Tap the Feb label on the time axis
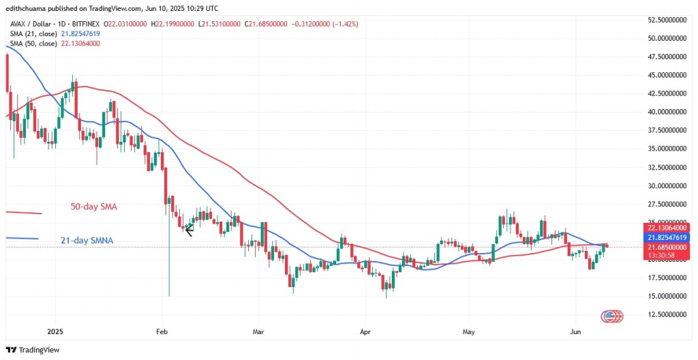pos(162,332)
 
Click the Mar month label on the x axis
pos(259,332)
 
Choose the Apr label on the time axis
pos(365,332)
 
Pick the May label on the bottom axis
pos(468,332)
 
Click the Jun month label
pos(575,332)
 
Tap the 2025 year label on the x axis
pos(55,332)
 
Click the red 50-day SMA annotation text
pos(95,205)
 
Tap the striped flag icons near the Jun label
pos(611,316)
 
